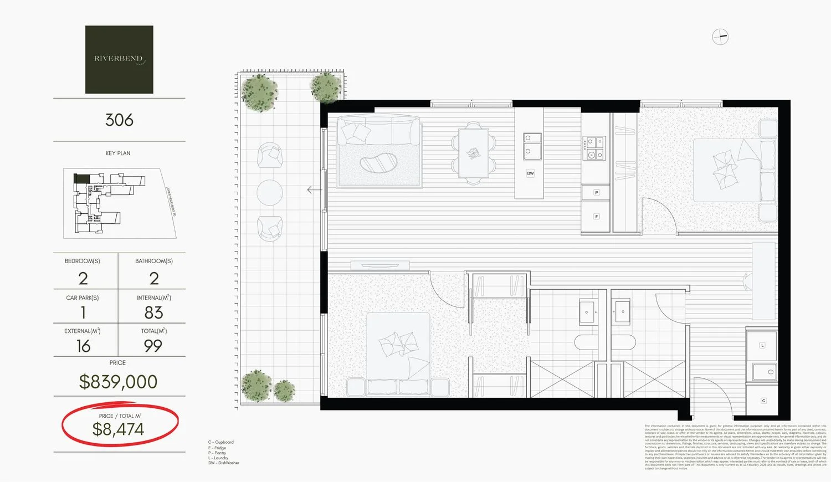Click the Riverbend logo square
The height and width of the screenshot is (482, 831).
point(119,59)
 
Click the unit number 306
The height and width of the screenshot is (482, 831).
point(119,120)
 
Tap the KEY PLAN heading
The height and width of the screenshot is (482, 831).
point(118,153)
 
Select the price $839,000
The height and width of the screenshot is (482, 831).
point(118,382)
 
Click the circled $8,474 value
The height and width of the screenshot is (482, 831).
point(118,429)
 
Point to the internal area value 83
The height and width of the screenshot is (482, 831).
point(153,312)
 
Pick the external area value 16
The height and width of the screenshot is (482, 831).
point(83,346)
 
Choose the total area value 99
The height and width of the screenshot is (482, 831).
point(153,346)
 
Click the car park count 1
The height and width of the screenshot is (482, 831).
point(83,312)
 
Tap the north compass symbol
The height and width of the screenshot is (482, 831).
point(720,37)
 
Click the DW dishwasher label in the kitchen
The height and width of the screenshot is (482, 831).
point(530,173)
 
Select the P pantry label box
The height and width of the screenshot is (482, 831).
point(596,193)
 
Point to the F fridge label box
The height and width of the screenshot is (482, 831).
point(596,217)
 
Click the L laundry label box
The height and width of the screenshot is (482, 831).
point(762,345)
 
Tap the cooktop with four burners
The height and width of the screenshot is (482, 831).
point(595,148)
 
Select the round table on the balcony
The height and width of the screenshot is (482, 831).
point(270,193)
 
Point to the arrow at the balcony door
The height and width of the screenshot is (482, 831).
point(314,190)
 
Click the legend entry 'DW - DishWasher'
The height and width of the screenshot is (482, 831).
point(224,463)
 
